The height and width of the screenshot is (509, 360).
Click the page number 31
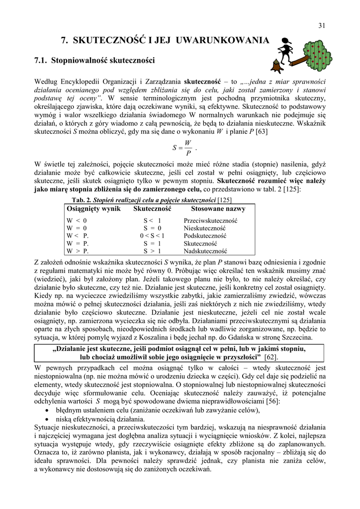click(321, 26)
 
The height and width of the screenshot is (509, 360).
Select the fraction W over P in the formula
click(188, 148)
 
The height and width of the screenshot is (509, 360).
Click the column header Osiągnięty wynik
click(93, 209)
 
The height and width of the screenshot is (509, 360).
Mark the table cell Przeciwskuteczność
click(210, 220)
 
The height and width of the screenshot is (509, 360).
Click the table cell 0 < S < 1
click(152, 236)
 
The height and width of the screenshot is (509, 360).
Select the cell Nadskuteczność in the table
click(205, 251)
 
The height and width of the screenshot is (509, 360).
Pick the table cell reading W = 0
click(77, 228)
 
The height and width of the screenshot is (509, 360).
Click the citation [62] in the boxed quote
click(271, 357)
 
